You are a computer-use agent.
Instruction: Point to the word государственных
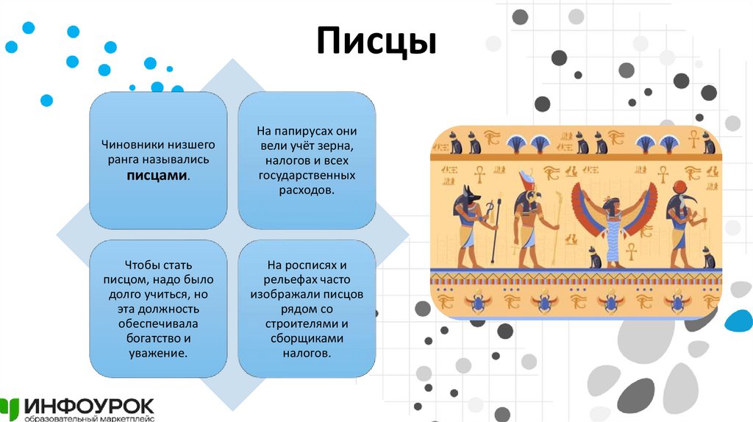pos(307,176)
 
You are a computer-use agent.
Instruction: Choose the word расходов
pos(307,190)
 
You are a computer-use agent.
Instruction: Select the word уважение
pos(157,353)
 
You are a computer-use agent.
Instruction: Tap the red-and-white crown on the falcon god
pos(527,179)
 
